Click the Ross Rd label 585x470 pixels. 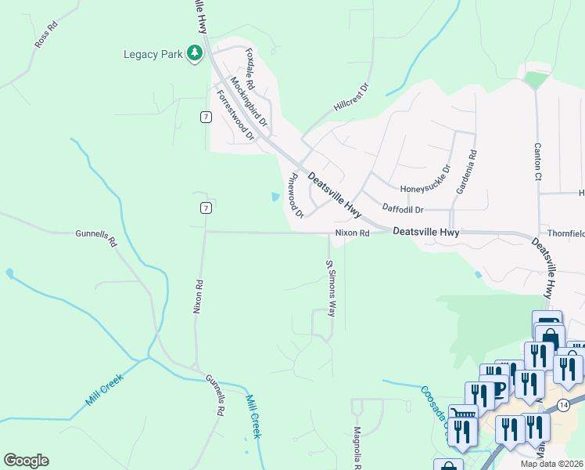click(46, 36)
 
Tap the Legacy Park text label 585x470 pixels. click(152, 54)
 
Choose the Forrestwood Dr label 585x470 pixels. click(235, 115)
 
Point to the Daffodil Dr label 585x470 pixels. click(403, 209)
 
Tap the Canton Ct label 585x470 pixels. click(537, 161)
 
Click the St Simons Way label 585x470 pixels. click(332, 287)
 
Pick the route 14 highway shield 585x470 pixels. click(563, 403)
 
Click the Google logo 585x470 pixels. click(26, 461)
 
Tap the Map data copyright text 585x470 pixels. click(551, 464)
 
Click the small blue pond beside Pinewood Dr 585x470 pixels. click(275, 197)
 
